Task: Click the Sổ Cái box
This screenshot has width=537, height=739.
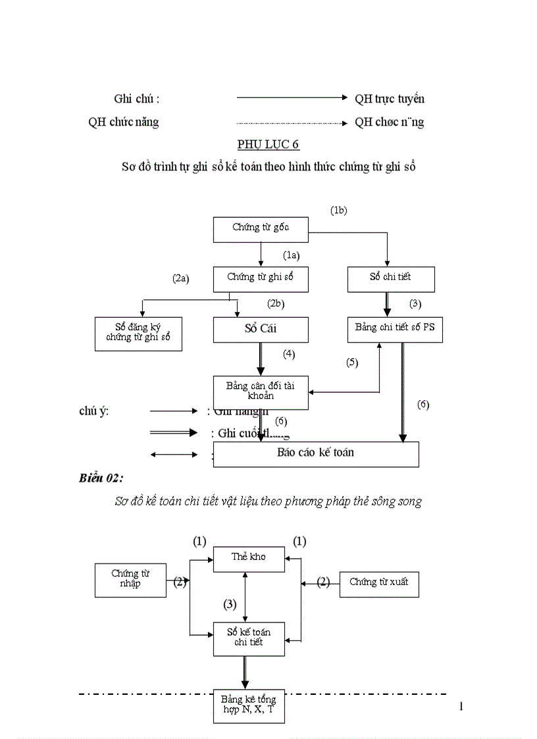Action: click(x=261, y=329)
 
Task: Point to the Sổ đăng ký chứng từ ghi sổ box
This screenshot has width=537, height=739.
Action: click(x=138, y=334)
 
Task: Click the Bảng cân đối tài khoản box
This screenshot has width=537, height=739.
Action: click(x=261, y=392)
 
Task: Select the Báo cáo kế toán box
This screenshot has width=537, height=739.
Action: click(x=316, y=453)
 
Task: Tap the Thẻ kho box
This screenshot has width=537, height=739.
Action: click(x=249, y=558)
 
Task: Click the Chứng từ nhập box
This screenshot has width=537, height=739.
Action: click(x=130, y=580)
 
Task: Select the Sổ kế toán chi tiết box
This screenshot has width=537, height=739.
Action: click(x=249, y=638)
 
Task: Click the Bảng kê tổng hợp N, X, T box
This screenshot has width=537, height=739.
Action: click(x=249, y=705)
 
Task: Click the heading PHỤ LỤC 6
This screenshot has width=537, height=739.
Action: click(x=268, y=145)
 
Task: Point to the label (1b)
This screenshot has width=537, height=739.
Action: click(x=338, y=211)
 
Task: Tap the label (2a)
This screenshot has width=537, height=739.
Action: click(x=181, y=278)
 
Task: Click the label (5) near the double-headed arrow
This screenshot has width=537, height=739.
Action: click(x=352, y=363)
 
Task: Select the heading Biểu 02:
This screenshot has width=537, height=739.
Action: click(x=101, y=478)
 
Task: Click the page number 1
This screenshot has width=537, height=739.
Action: click(x=461, y=707)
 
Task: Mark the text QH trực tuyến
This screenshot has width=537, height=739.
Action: click(x=390, y=99)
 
